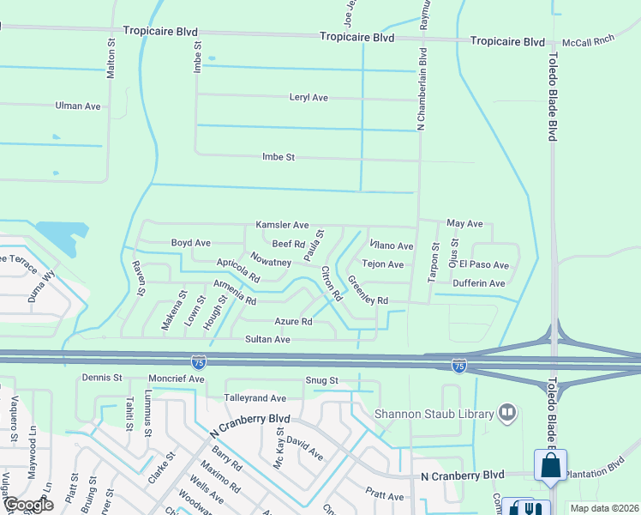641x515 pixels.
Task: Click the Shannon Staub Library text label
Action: tap(434, 415)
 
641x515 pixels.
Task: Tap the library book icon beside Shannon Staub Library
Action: tap(507, 414)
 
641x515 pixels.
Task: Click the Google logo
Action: tap(27, 505)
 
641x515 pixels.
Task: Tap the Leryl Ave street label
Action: tap(309, 98)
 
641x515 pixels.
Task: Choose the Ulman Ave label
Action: tap(78, 106)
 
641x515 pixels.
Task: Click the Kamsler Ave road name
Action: tap(282, 225)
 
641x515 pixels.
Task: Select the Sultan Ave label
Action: tap(269, 340)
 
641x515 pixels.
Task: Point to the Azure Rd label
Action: tap(293, 322)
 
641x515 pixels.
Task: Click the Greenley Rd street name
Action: tap(368, 291)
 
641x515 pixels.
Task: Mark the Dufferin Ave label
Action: tap(479, 283)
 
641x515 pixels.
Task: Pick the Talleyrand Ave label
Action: tap(255, 398)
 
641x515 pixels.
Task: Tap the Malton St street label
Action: tap(111, 59)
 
